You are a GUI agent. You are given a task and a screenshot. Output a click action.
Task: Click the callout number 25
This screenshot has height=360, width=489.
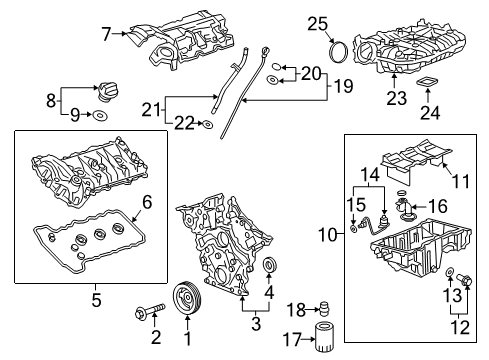click(x=317, y=23)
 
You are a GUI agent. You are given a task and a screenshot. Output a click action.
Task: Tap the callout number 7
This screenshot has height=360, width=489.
click(x=107, y=35)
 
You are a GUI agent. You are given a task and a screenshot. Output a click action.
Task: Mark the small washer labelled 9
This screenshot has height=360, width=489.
click(x=101, y=117)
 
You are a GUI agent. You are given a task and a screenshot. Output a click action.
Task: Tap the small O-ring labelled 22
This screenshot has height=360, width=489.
click(x=205, y=124)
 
